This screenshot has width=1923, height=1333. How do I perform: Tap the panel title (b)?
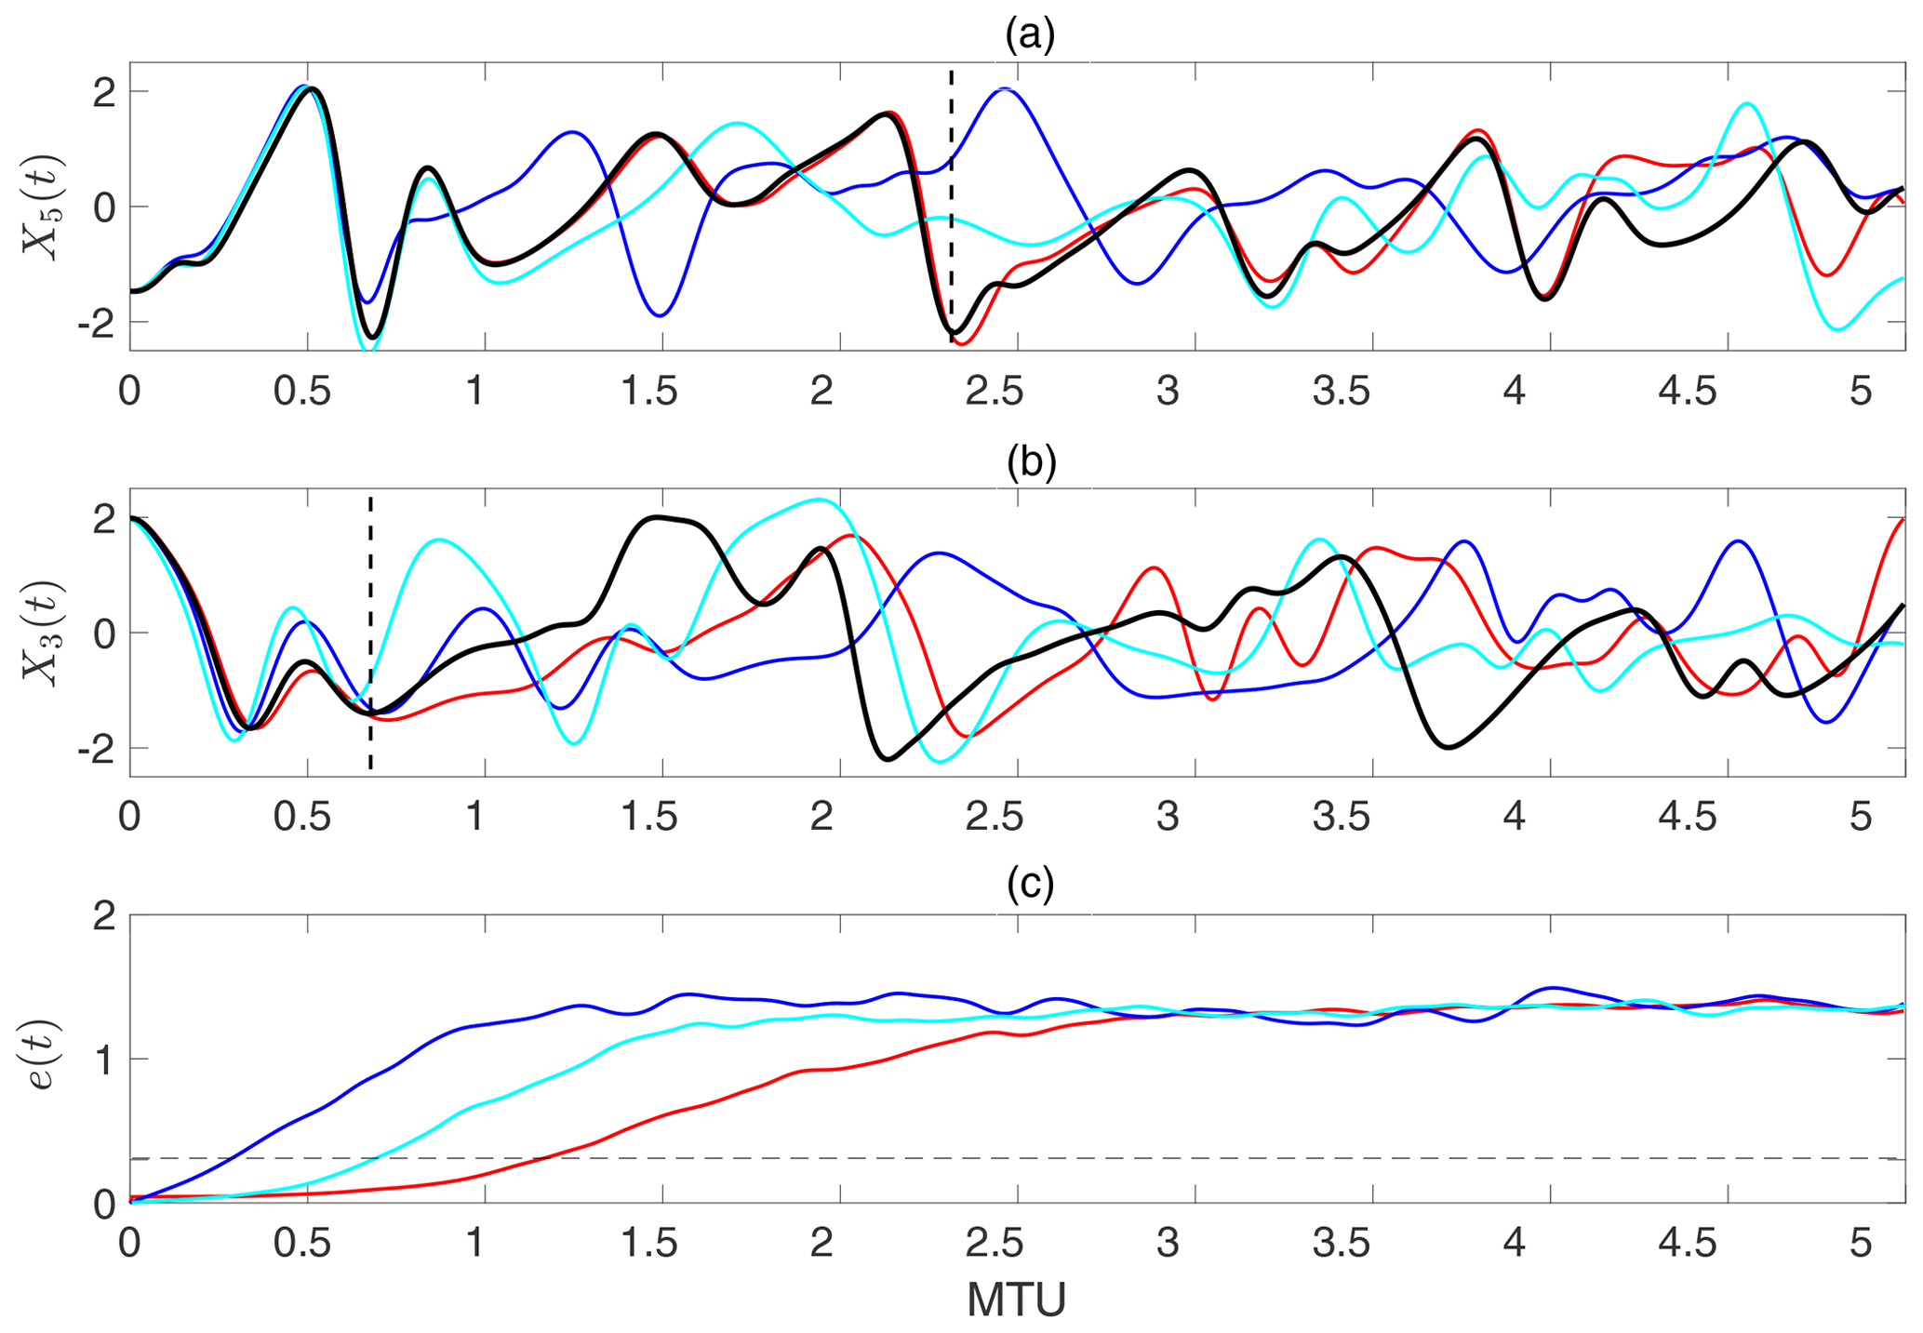click(x=1031, y=462)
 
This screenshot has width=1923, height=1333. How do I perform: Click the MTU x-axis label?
click(x=1016, y=1300)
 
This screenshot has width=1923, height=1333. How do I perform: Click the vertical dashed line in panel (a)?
click(x=951, y=140)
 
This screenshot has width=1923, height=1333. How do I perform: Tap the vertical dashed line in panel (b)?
click(x=370, y=558)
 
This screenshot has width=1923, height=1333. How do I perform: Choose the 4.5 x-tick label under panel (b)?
click(x=1689, y=818)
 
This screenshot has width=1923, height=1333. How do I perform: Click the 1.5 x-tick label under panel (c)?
click(x=650, y=1244)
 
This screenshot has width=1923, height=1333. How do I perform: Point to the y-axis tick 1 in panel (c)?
click(x=108, y=1060)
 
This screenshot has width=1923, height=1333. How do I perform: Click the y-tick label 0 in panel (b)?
click(x=108, y=633)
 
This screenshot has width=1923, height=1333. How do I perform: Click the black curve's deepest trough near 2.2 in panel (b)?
click(x=889, y=759)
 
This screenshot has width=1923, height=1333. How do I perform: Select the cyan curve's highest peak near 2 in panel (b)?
click(x=819, y=500)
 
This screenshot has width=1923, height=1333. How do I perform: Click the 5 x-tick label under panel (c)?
click(x=1860, y=1244)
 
